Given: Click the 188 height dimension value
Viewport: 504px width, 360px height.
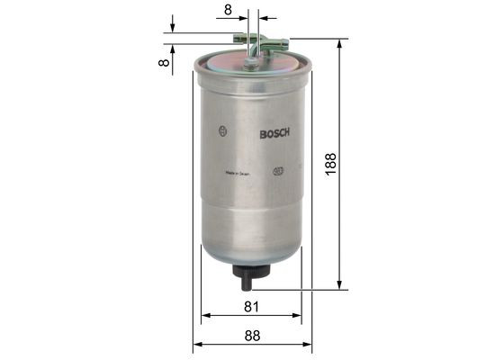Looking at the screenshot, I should tap(330, 165).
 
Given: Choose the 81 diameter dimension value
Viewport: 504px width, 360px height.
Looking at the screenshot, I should tap(251, 307).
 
